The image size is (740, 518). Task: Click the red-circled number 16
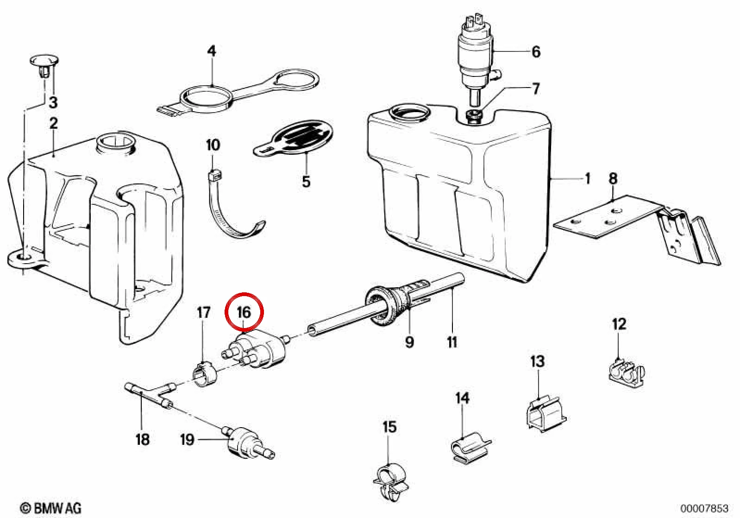[244, 313]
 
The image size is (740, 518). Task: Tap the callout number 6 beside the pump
[536, 52]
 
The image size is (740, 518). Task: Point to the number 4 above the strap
[212, 51]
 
